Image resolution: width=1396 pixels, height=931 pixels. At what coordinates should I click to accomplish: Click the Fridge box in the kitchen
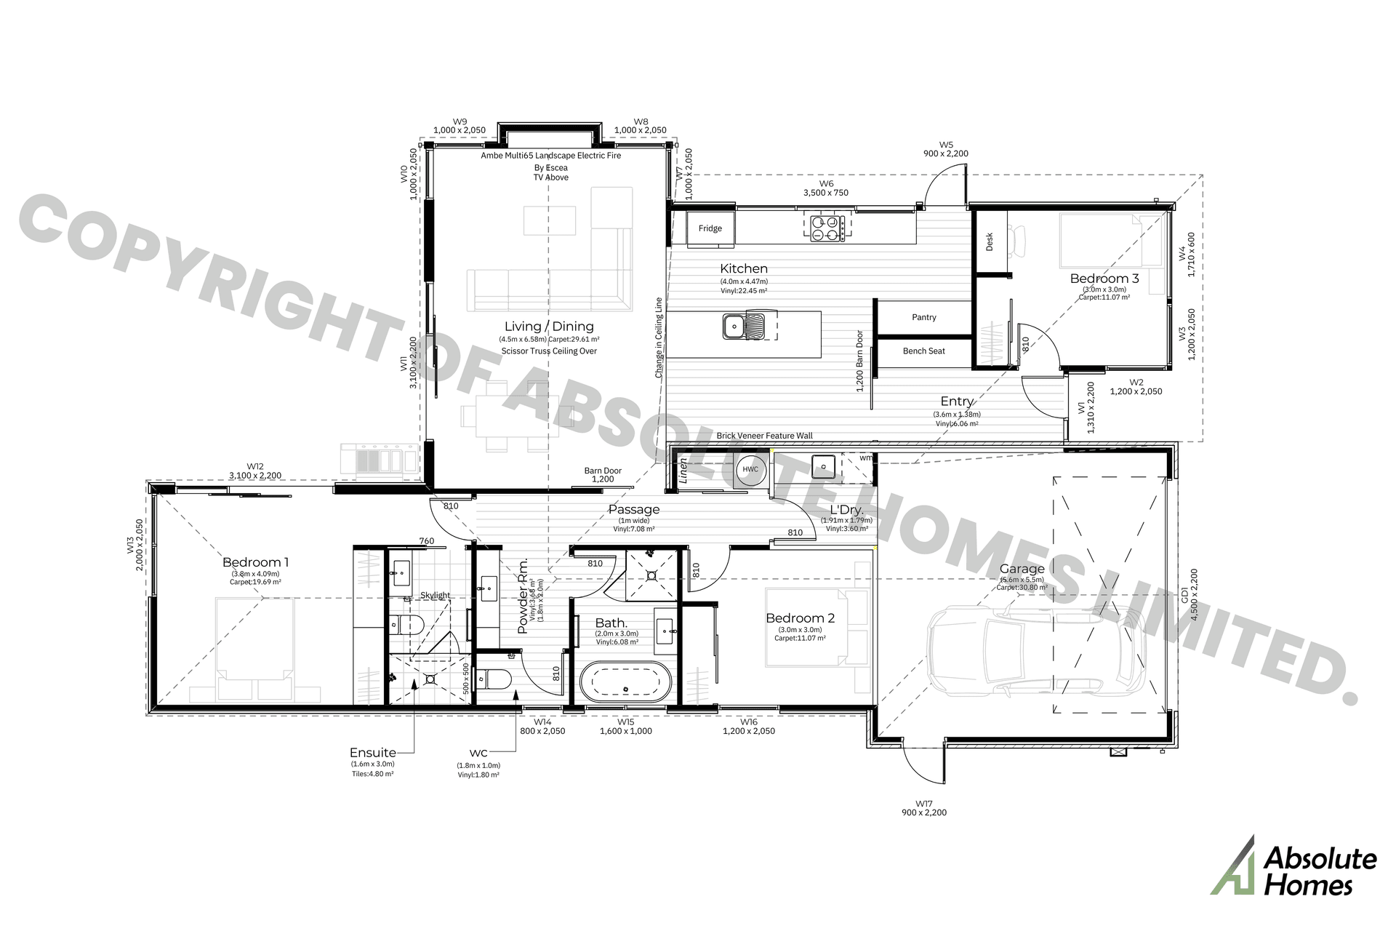pos(710,228)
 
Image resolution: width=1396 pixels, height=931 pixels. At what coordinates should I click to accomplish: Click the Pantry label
pos(923,317)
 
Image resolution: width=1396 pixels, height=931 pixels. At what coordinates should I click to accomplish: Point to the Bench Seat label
pos(923,351)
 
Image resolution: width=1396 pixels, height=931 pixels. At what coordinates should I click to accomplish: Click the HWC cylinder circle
pos(750,469)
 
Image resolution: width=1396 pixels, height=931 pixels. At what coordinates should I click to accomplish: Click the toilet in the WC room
pos(494,679)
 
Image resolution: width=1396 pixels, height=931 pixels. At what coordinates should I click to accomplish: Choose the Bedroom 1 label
pos(255,562)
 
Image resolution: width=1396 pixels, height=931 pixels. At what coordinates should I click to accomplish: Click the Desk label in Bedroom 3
pos(990,242)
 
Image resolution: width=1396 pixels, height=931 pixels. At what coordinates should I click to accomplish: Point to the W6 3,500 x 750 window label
pos(825,188)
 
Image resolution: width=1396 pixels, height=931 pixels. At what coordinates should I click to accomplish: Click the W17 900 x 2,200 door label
pos(923,808)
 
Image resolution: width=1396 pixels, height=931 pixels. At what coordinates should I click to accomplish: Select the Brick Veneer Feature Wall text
pos(764,436)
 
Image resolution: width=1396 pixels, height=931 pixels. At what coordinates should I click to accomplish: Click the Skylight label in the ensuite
pos(435,595)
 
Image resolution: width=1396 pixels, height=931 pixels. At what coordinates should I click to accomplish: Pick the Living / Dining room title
pos(549,327)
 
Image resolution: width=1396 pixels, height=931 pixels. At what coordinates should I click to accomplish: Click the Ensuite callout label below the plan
pos(372,753)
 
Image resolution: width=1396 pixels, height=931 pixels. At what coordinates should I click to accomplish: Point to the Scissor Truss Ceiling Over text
pos(549,351)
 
